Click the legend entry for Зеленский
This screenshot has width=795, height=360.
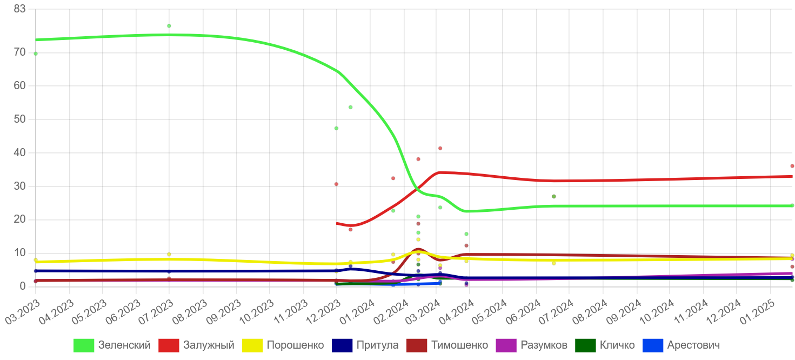(124, 345)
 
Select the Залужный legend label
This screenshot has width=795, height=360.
(209, 345)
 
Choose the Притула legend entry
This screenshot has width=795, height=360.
(377, 345)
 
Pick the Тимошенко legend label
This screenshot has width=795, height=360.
(459, 345)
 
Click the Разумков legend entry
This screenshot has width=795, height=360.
(544, 345)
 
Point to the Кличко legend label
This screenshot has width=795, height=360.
(617, 345)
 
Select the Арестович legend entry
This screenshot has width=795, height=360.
(693, 345)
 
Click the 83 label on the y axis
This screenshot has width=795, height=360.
(20, 9)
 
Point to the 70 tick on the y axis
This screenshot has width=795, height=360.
(20, 52)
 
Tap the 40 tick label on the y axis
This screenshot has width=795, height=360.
(20, 153)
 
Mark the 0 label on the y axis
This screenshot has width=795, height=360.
(23, 286)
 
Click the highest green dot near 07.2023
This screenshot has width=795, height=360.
(169, 26)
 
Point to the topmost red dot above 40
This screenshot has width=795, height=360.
(440, 148)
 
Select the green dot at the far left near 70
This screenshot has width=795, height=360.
(36, 54)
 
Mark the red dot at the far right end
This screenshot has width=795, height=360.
(792, 166)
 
